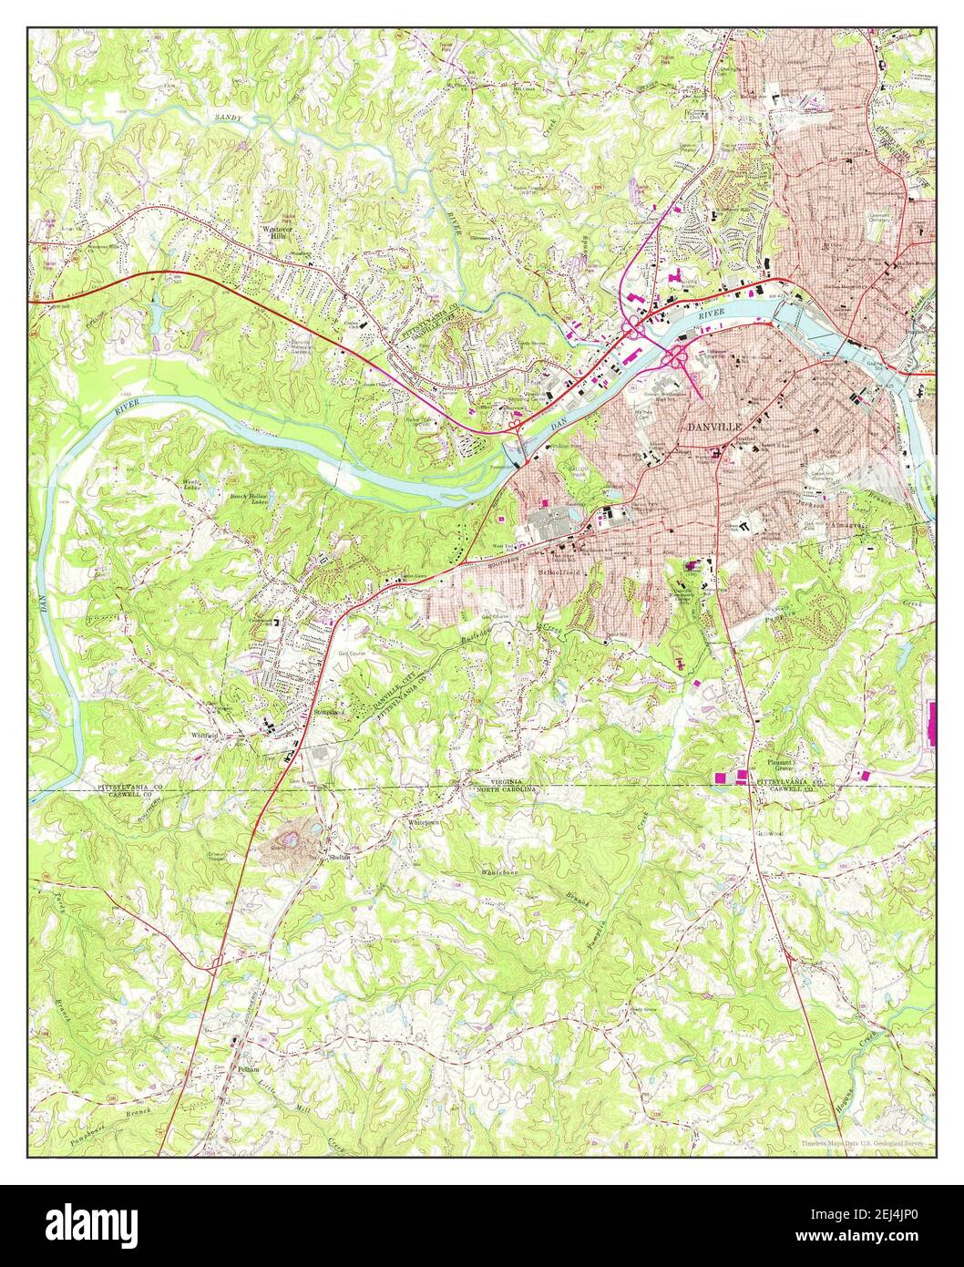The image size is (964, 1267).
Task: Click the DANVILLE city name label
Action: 716,426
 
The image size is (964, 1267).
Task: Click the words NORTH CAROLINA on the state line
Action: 507,790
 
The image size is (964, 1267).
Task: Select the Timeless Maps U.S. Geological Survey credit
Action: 862,1143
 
